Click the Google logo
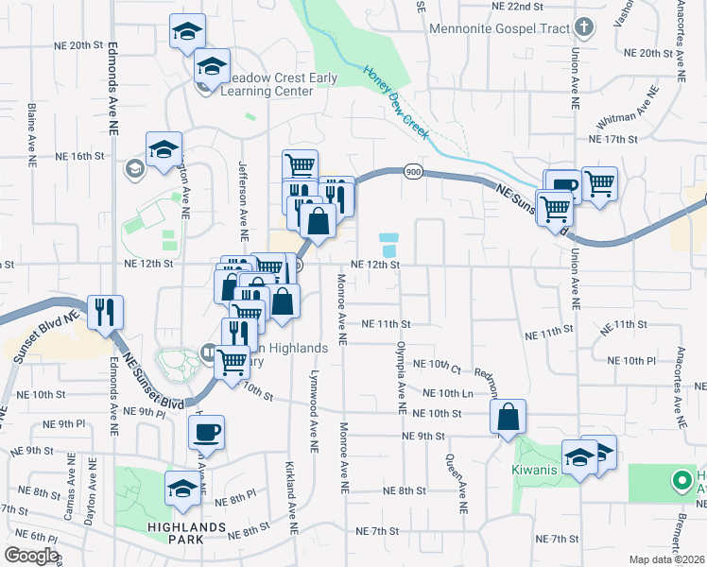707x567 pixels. (x=31, y=556)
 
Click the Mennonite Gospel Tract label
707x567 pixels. (x=500, y=27)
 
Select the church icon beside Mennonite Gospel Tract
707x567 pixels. (x=584, y=26)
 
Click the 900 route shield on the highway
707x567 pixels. (x=412, y=171)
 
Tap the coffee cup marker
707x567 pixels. (x=206, y=433)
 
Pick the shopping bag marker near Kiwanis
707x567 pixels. (x=508, y=416)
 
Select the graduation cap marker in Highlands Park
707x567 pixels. (x=182, y=488)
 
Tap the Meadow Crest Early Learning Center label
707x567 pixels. (x=267, y=84)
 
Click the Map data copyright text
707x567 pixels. (x=666, y=558)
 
